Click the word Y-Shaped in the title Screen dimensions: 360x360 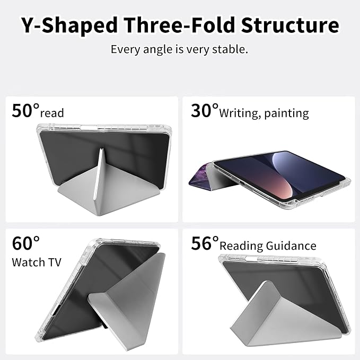click(69, 25)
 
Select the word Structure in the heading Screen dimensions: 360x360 click(290, 24)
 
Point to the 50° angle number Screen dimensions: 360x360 click(25, 110)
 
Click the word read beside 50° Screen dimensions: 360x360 click(52, 113)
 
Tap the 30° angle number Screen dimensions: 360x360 click(204, 110)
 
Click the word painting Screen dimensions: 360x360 click(286, 113)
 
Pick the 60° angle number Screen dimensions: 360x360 click(25, 243)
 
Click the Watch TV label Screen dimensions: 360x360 click(37, 262)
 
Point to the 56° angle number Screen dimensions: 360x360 click(205, 243)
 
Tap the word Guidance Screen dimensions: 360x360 click(291, 245)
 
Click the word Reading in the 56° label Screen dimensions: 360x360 click(241, 246)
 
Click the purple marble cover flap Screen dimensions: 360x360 click(200, 175)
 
